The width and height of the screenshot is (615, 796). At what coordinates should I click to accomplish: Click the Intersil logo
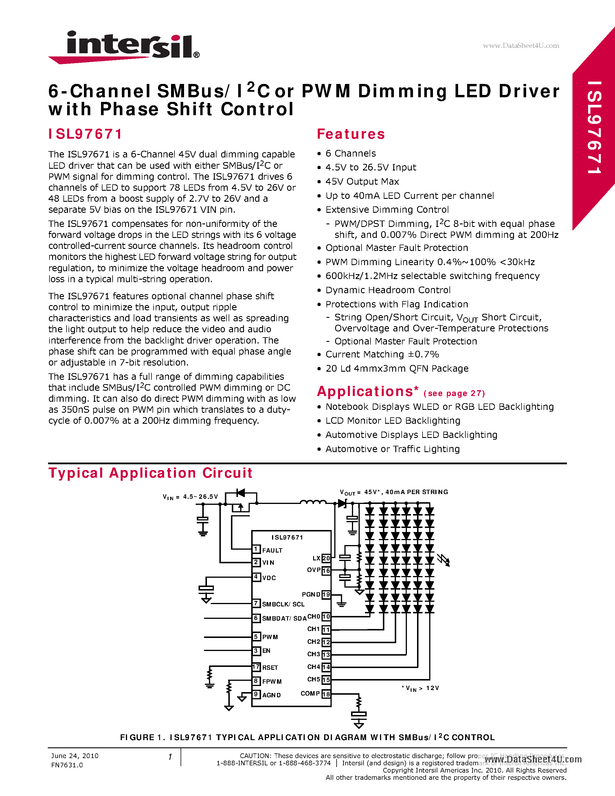[x=124, y=47]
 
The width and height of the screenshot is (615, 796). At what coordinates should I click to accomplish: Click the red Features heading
[x=350, y=134]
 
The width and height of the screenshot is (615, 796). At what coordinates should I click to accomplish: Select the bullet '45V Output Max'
[x=362, y=181]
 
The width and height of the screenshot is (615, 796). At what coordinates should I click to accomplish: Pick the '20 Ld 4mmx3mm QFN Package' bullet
[x=397, y=368]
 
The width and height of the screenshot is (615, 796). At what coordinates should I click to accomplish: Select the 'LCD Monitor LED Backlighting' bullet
[x=392, y=421]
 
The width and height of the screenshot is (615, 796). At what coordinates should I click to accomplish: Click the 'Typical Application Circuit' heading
[x=150, y=473]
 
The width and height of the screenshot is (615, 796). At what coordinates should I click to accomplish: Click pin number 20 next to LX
[x=326, y=558]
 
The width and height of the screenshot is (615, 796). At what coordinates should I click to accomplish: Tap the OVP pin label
[x=314, y=570]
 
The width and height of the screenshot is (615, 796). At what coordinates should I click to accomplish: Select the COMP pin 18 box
[x=326, y=694]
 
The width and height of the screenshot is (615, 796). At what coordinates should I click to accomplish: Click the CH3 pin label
[x=313, y=654]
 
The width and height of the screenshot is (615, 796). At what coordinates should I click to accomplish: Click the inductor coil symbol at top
[x=313, y=502]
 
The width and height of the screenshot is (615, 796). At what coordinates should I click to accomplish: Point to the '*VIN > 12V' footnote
[x=420, y=688]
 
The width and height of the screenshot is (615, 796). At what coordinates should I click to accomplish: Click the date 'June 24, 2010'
[x=75, y=755]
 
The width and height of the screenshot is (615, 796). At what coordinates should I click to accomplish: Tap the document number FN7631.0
[x=67, y=765]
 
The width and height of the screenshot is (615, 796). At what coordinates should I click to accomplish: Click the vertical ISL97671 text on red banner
[x=594, y=128]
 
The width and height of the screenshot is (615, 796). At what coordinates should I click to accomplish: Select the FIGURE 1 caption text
[x=307, y=737]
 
